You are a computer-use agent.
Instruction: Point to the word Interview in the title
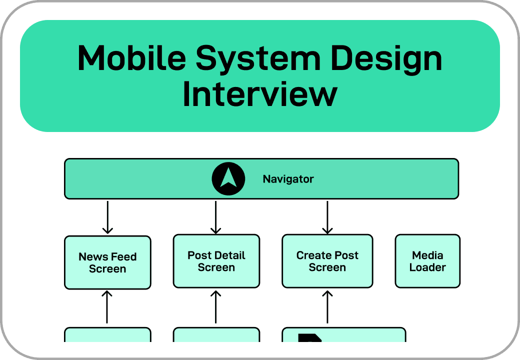click(259, 94)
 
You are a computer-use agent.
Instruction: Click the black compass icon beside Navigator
click(228, 178)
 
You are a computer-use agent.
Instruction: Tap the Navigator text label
click(288, 179)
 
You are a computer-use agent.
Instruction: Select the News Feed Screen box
click(107, 262)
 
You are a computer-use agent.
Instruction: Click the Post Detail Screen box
click(216, 261)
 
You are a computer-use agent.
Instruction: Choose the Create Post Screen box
click(327, 261)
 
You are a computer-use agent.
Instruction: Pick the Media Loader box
click(427, 261)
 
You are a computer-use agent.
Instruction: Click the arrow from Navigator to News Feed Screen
click(107, 217)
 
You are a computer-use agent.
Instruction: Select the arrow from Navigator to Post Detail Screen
click(216, 217)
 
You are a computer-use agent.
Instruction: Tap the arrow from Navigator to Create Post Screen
click(327, 217)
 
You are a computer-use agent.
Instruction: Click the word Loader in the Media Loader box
click(427, 267)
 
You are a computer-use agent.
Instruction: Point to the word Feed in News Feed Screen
click(123, 257)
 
